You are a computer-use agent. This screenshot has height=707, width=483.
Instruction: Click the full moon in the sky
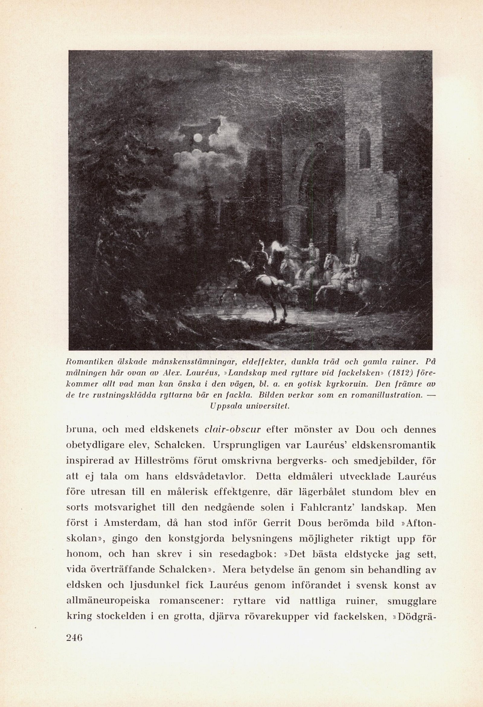pyautogui.click(x=198, y=138)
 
